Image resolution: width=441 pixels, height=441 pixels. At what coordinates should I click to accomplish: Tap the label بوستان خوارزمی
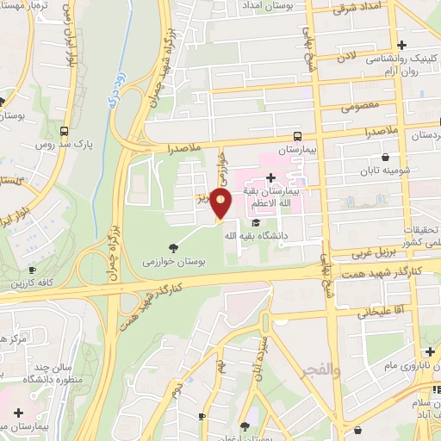[173, 259]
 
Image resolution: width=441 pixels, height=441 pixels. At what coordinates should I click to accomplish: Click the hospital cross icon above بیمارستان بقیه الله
[270, 177]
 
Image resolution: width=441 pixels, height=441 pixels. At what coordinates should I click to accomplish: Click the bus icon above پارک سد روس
[65, 132]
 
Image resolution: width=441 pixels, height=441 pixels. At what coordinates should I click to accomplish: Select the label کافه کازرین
[32, 283]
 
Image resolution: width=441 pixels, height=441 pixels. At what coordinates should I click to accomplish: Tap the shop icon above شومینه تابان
[383, 158]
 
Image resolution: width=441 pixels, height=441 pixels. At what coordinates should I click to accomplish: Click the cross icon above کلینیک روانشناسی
[401, 45]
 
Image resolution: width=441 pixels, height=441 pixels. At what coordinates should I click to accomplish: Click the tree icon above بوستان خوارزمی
[174, 246]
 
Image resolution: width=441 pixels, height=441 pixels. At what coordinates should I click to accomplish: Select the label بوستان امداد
[285, 6]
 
